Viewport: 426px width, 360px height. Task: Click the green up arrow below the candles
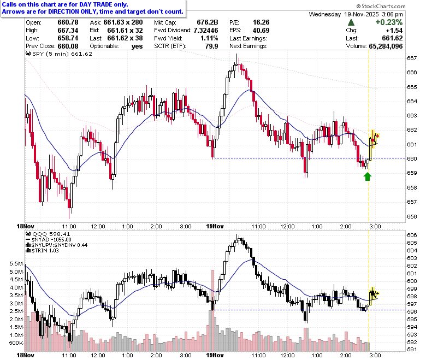tap(368, 176)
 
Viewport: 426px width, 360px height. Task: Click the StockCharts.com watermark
tap(381, 6)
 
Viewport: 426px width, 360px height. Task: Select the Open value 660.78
tap(68, 22)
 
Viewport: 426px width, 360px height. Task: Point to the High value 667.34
tap(68, 30)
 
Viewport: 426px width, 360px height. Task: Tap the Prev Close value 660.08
tap(68, 46)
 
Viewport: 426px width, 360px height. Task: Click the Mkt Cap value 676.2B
tap(208, 22)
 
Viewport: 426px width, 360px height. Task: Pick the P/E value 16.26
tap(261, 22)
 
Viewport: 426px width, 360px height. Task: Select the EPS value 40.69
tap(261, 30)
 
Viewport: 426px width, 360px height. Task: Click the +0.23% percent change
tap(389, 22)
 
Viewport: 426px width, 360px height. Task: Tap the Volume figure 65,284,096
tap(386, 46)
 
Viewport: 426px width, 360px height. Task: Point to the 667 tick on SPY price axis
tap(412, 58)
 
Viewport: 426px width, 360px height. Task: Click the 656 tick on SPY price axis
tap(412, 216)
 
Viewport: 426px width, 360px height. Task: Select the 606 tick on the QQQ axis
tap(412, 235)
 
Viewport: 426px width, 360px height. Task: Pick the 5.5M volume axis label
tap(16, 263)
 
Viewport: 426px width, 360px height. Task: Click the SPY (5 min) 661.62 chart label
tap(59, 54)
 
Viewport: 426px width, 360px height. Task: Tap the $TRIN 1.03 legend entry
tap(42, 251)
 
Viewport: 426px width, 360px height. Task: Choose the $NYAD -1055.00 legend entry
tap(49, 240)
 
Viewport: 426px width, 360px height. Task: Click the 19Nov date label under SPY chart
tap(215, 226)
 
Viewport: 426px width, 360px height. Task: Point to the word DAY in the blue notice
tap(86, 4)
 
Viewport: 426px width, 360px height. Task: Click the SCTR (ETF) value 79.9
tap(212, 46)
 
